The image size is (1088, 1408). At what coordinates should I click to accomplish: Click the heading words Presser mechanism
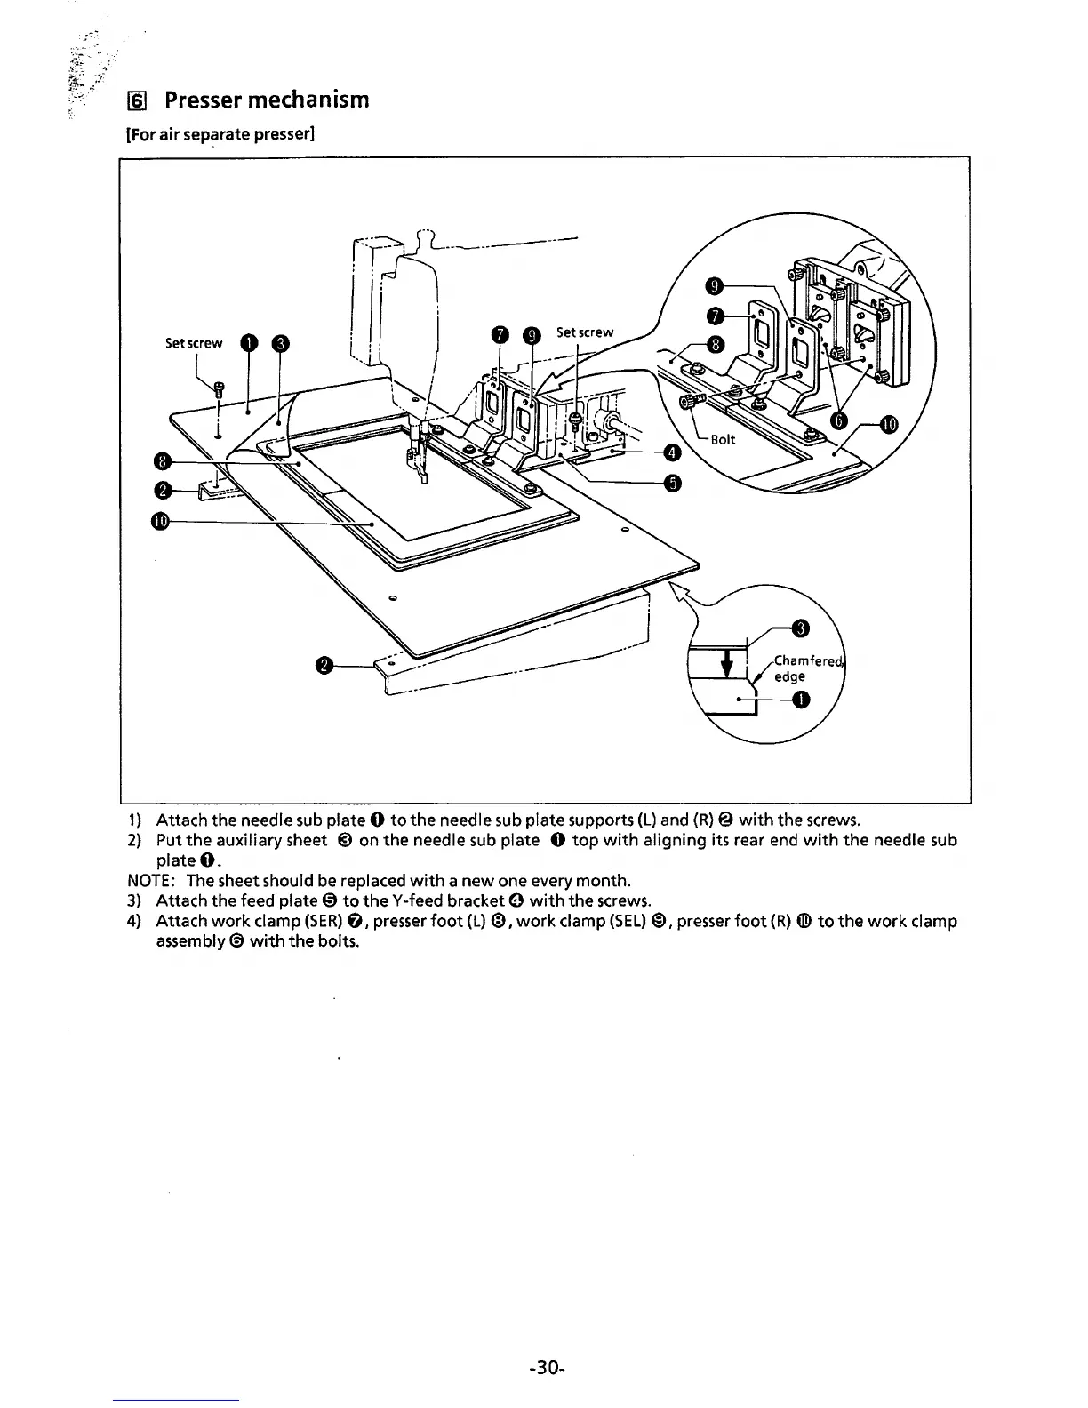(x=267, y=99)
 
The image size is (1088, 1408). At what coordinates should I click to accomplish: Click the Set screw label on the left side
(x=194, y=343)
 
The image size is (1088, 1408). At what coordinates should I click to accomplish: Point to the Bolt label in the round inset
(x=724, y=439)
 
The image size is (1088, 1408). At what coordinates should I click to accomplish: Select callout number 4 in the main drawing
(x=673, y=453)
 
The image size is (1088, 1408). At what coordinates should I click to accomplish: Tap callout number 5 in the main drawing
(x=673, y=483)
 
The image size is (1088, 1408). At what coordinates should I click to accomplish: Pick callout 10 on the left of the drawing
(x=160, y=521)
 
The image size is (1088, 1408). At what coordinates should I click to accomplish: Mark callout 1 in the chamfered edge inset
(x=801, y=701)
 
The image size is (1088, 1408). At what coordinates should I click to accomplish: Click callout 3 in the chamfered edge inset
(x=799, y=630)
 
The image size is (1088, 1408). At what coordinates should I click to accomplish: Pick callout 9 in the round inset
(x=713, y=285)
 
